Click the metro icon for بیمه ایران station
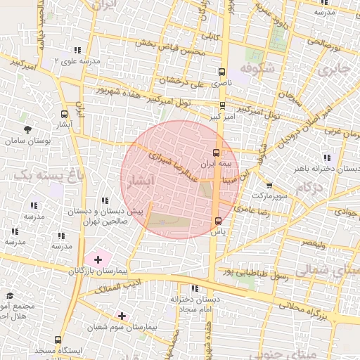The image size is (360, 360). [216, 151]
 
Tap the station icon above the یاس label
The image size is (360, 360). [217, 221]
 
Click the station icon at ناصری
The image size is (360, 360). [222, 72]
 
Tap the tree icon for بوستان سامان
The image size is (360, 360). [27, 129]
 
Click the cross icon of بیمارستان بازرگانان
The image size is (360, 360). [98, 260]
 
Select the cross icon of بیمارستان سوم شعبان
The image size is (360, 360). [122, 316]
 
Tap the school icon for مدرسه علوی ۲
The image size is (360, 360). [77, 50]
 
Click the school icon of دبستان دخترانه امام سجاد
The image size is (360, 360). [194, 288]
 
